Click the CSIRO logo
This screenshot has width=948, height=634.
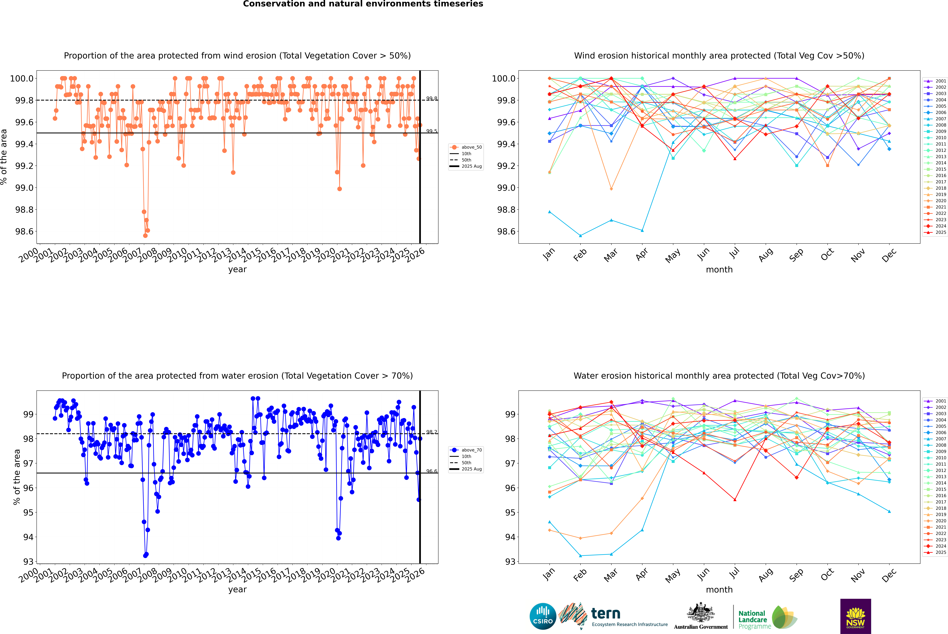click(543, 616)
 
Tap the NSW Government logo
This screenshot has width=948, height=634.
click(855, 616)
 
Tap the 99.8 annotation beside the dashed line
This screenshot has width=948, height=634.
click(432, 99)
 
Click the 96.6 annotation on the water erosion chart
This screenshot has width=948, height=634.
click(432, 471)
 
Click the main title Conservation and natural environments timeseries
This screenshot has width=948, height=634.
click(363, 4)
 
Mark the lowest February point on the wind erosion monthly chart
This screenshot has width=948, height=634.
click(580, 236)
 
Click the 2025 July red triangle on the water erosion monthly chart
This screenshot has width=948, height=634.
click(735, 500)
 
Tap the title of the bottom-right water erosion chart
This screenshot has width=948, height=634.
click(719, 376)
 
